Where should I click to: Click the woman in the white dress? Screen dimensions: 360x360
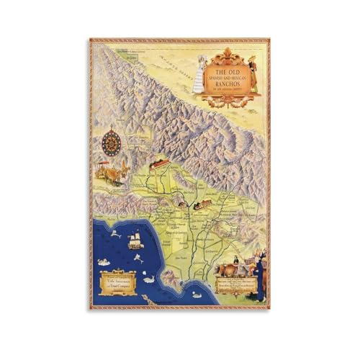point(199,74)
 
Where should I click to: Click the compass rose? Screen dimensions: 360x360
point(112,143)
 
